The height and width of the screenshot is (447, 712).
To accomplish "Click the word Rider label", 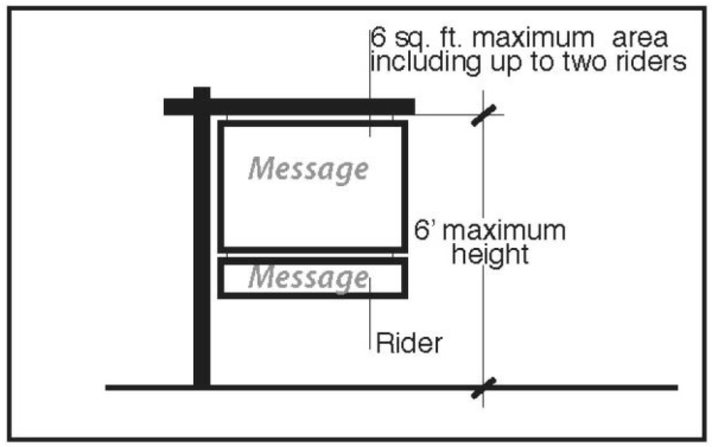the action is pyautogui.click(x=409, y=343).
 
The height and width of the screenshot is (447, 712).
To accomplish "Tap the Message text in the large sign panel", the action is pyautogui.click(x=308, y=169).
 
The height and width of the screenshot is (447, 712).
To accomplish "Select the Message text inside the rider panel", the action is pyautogui.click(x=308, y=278).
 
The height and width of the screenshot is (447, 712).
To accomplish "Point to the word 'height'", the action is pyautogui.click(x=490, y=254).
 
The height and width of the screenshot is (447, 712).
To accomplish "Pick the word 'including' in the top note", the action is pyautogui.click(x=426, y=62).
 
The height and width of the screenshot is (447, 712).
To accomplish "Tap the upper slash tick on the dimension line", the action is pyautogui.click(x=483, y=115).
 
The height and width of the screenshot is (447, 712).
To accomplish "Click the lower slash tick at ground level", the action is pyautogui.click(x=483, y=388).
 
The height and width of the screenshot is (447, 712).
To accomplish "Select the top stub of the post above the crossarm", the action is pyautogui.click(x=202, y=93).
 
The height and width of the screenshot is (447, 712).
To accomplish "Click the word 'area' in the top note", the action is pyautogui.click(x=640, y=39).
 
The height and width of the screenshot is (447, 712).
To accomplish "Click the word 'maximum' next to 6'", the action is pyautogui.click(x=504, y=231).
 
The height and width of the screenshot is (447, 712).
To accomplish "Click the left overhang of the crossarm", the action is pyautogui.click(x=178, y=107).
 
